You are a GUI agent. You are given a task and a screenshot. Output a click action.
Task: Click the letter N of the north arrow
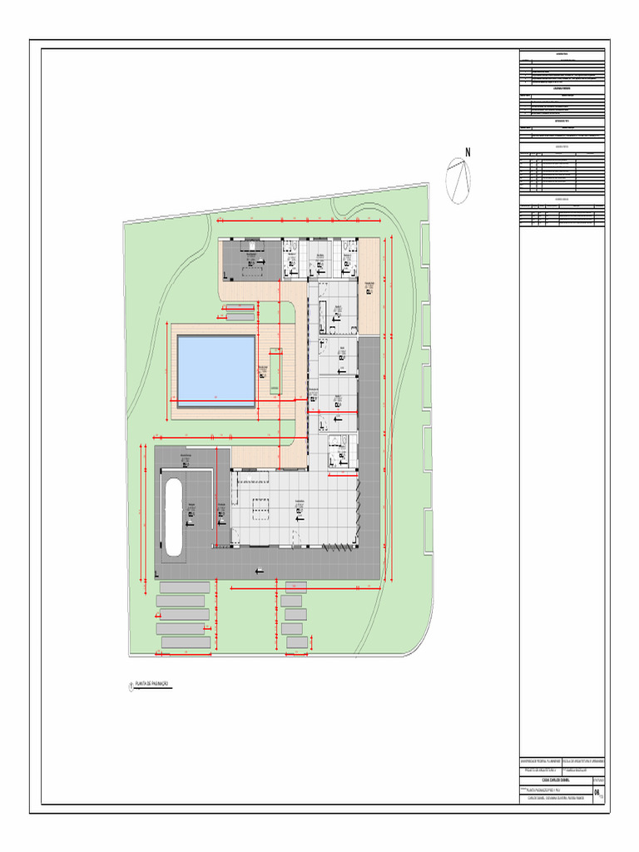coord(468,152)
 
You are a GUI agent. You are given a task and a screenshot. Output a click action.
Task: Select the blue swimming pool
coord(215,370)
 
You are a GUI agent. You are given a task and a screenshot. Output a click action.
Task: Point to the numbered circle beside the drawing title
coord(131,686)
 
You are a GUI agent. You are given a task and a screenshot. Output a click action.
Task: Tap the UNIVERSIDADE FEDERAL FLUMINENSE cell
coord(540,761)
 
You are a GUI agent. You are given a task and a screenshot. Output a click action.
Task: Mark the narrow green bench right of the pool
coord(274,380)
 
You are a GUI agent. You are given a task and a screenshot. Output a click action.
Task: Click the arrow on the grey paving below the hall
coord(260,571)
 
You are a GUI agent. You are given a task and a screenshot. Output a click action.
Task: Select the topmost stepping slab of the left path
coord(184,587)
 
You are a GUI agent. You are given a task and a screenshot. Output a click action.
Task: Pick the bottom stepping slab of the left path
coord(186,642)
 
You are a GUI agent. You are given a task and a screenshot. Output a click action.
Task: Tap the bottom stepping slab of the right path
coord(294,642)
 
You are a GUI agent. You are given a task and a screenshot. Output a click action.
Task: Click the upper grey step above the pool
coord(240,307)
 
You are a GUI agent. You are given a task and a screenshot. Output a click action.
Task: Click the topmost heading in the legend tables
coord(562,54)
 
